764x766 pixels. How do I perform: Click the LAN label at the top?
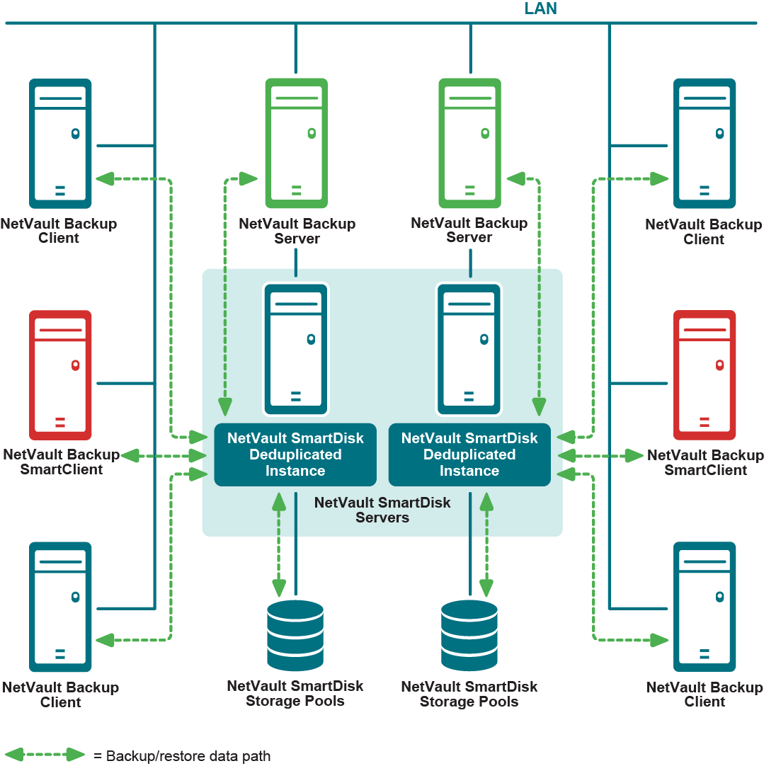[x=540, y=9]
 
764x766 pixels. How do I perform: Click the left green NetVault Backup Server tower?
[x=296, y=142]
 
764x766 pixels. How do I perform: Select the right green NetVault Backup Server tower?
[x=469, y=142]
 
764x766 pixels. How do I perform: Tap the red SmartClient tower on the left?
[x=60, y=375]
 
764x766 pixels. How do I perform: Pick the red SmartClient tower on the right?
[x=704, y=375]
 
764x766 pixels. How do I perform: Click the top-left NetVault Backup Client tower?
[x=60, y=142]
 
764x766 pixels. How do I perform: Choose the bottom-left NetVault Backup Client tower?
[x=60, y=606]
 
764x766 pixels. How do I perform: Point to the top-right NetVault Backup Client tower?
[x=704, y=142]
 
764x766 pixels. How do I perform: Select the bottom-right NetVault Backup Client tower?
[x=704, y=606]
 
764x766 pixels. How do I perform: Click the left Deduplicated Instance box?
[x=295, y=455]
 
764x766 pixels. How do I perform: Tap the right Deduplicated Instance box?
[x=469, y=455]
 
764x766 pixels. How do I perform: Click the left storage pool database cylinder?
[x=295, y=635]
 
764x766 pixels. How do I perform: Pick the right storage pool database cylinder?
[x=469, y=635]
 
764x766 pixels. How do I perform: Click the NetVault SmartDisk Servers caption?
[x=382, y=510]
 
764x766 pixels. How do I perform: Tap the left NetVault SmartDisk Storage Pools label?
[x=295, y=694]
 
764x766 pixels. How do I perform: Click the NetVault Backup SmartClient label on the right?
[x=705, y=462]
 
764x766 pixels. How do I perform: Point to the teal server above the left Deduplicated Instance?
[x=296, y=348]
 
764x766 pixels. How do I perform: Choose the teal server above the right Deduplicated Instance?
[x=469, y=348]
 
